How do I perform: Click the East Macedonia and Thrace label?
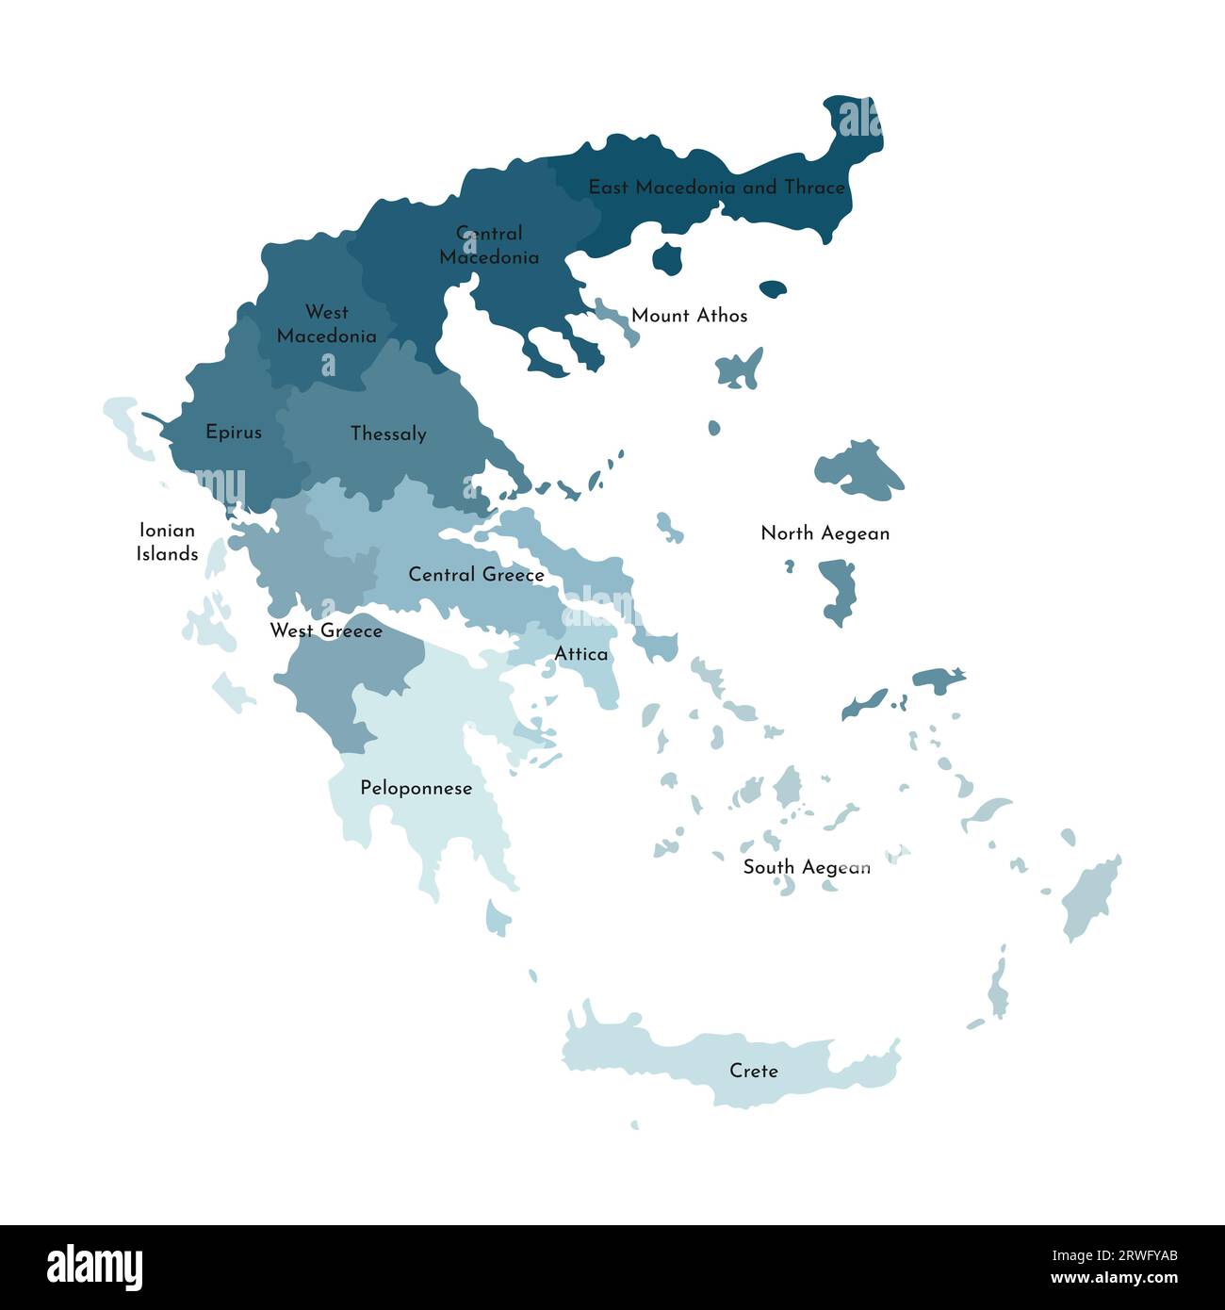716,188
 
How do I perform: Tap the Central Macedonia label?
489,245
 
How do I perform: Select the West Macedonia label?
326,324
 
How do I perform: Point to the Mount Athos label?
689,316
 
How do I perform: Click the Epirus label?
234,433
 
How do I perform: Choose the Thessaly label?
388,434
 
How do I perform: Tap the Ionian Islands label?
167,542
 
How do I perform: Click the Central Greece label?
476,575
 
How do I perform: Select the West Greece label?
326,630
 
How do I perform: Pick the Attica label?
580,654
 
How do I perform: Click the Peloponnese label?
416,788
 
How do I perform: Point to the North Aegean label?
825,533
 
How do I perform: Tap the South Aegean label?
806,867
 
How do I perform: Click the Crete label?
753,1071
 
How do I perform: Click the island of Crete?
660,1056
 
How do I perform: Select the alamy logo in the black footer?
94,1268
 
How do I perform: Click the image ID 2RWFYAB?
1126,1255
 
